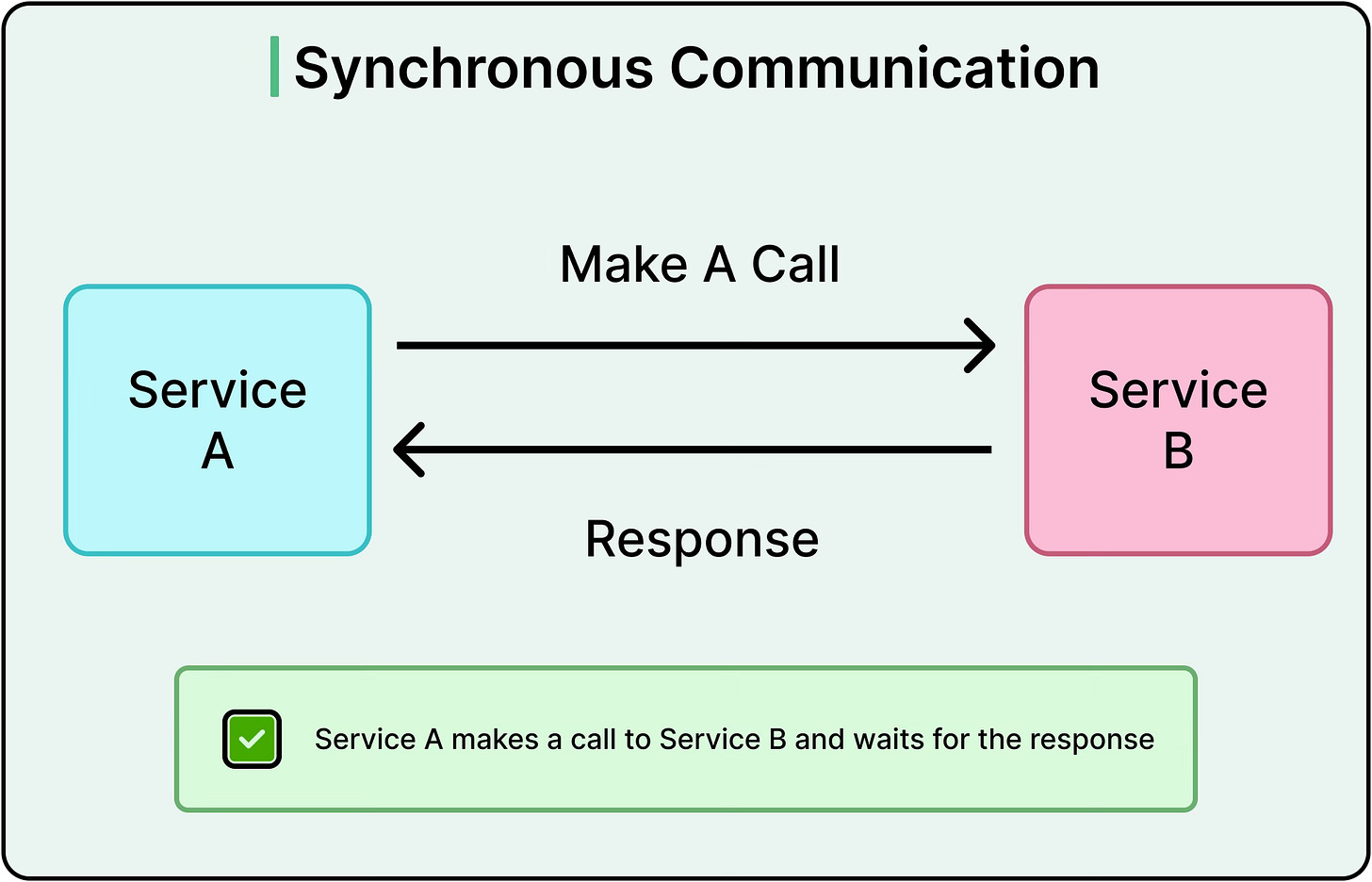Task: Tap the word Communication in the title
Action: point(885,69)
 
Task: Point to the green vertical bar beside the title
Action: point(274,67)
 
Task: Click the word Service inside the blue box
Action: point(218,390)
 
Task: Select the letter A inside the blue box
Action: point(218,451)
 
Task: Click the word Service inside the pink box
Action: point(1178,390)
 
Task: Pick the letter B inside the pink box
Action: point(1178,451)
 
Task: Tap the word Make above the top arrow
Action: point(624,265)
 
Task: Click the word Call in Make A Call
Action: point(795,265)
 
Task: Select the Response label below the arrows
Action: point(702,540)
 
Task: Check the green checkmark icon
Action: point(252,740)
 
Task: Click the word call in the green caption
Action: point(593,740)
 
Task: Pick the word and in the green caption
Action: point(820,740)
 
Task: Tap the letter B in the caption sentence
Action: point(777,740)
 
